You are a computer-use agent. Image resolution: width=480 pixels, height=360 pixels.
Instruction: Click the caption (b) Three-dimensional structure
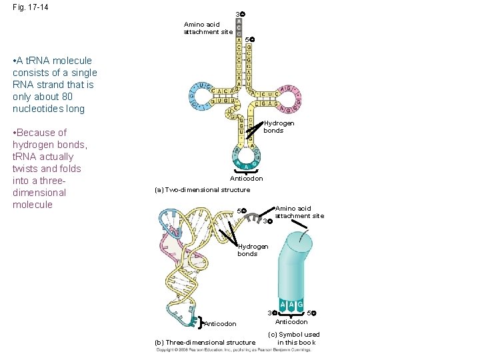coord(205,343)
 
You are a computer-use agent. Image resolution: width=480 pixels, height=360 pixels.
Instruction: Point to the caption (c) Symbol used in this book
coord(293,339)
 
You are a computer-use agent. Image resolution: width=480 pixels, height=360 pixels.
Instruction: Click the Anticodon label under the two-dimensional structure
coord(246,179)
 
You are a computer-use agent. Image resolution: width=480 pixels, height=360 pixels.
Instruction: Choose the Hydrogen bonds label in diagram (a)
coord(279,127)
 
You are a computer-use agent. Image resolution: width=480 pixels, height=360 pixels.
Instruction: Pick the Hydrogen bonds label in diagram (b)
coord(253,250)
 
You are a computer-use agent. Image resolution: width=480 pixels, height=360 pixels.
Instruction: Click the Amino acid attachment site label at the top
coord(208,28)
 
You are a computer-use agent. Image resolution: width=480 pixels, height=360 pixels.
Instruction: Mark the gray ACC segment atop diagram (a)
coord(239,27)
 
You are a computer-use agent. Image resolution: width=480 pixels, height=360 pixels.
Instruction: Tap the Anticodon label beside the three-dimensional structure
coord(220,324)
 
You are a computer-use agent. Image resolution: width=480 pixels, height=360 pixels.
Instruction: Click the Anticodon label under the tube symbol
coord(291,322)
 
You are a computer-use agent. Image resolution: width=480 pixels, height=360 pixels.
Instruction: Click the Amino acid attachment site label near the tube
coord(299,212)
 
